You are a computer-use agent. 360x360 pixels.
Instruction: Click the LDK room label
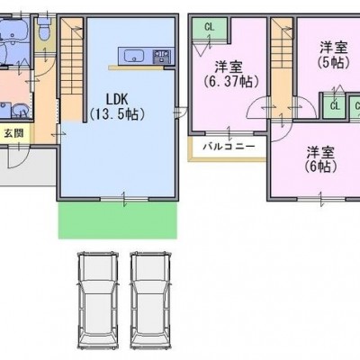[x=117, y=99]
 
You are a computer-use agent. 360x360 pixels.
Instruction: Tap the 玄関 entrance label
[x=13, y=133]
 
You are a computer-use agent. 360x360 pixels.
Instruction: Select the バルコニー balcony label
[x=229, y=147]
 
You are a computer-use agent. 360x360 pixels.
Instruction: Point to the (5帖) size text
[x=333, y=62]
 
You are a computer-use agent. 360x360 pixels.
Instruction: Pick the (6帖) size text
[x=320, y=166]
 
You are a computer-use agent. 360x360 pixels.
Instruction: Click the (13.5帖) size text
[x=118, y=113]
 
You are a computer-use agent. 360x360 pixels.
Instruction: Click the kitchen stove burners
[x=162, y=56]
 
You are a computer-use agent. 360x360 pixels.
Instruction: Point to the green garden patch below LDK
[x=117, y=220]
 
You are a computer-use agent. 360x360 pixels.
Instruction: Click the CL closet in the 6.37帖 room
[x=210, y=28]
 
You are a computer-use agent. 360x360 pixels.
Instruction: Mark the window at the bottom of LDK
[x=124, y=198]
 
